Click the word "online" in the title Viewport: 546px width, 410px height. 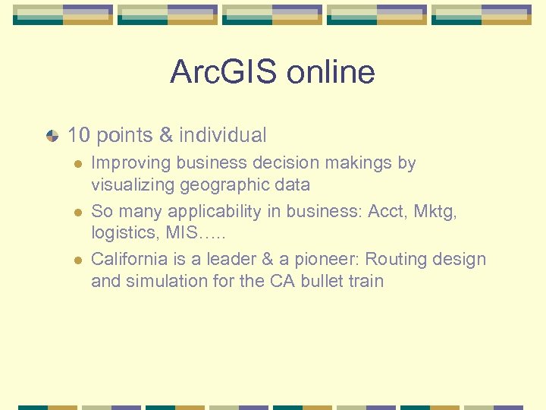[334, 72]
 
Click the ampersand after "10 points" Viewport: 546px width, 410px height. [166, 136]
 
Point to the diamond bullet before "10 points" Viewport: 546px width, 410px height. [52, 136]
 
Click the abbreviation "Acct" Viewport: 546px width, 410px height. [386, 210]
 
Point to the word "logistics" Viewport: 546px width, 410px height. [124, 232]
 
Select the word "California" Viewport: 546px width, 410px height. [129, 259]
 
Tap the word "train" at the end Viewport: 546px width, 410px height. [366, 281]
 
